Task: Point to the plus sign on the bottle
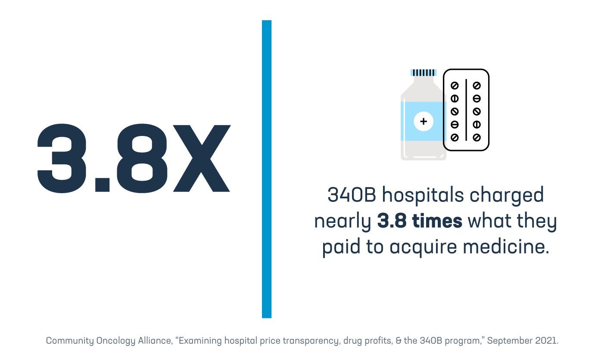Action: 423,122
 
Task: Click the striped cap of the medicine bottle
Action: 424,73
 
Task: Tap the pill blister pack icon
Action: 466,110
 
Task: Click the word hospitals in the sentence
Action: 423,196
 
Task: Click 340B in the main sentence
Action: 352,195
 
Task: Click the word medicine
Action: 504,248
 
